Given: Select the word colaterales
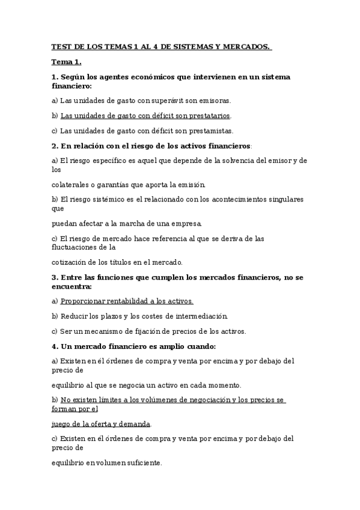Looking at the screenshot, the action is pyautogui.click(x=70, y=184).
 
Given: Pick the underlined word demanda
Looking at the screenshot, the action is pyautogui.click(x=134, y=423).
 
